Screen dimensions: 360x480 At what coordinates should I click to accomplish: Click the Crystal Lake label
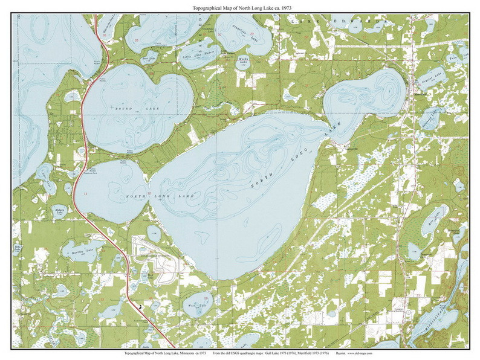point(434,78)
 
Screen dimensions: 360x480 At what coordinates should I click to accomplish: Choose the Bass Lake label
point(149,59)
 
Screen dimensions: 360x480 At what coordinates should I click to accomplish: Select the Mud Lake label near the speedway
point(152,275)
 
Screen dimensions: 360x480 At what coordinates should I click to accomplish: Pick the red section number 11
point(86,193)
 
